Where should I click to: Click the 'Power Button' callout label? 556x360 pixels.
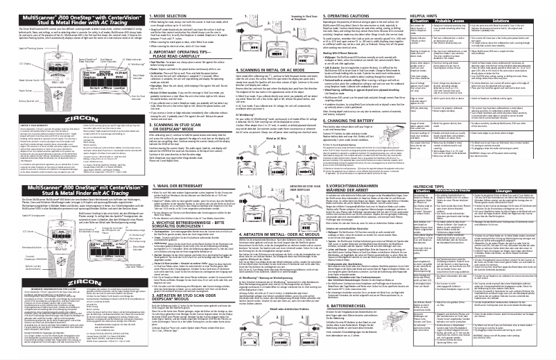(17, 89)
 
